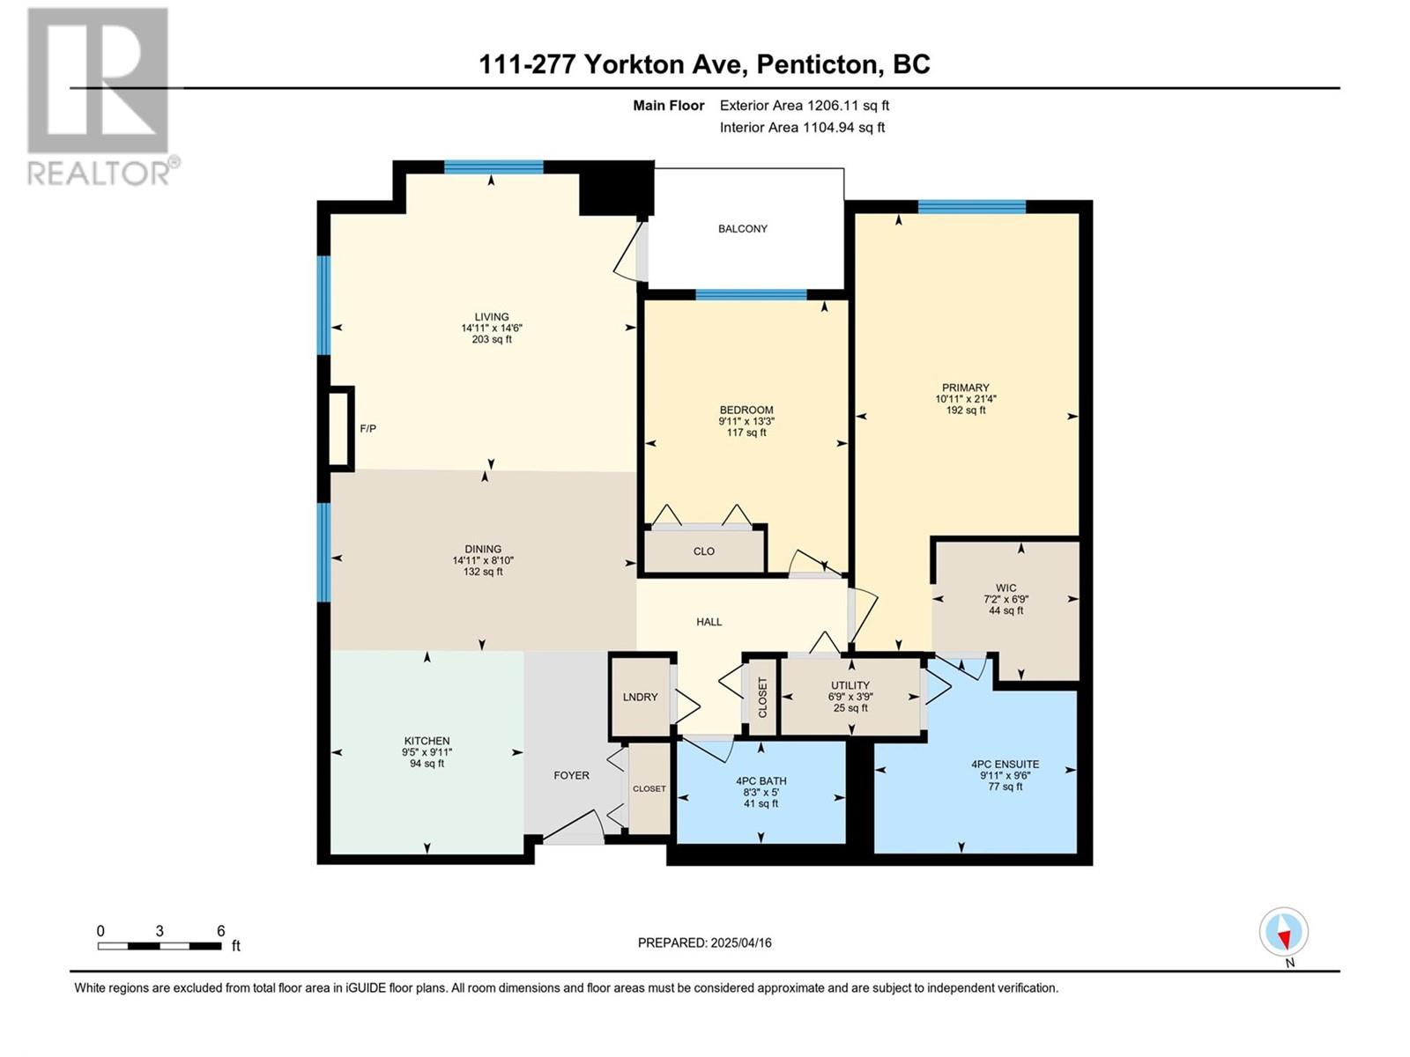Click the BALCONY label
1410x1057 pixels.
click(743, 228)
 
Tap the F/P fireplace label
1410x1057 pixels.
click(367, 428)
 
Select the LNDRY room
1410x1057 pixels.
click(640, 697)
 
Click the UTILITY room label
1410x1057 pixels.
click(850, 684)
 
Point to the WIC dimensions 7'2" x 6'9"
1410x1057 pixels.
click(1006, 599)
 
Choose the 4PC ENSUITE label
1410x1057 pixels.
click(1005, 764)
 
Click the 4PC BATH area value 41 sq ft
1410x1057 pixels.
click(761, 802)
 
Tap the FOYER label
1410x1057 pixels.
click(571, 775)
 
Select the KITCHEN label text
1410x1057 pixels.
click(427, 741)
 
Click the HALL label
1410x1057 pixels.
click(709, 622)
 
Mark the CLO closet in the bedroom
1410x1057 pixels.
click(704, 551)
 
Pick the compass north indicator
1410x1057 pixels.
click(1283, 931)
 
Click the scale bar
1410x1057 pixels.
click(160, 946)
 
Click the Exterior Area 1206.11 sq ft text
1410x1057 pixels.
click(805, 105)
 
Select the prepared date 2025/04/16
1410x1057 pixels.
click(740, 942)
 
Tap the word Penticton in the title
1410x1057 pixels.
click(816, 65)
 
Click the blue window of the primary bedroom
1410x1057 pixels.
click(971, 207)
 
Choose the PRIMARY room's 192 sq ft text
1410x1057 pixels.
click(966, 410)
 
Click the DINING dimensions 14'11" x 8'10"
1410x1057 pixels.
click(483, 560)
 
